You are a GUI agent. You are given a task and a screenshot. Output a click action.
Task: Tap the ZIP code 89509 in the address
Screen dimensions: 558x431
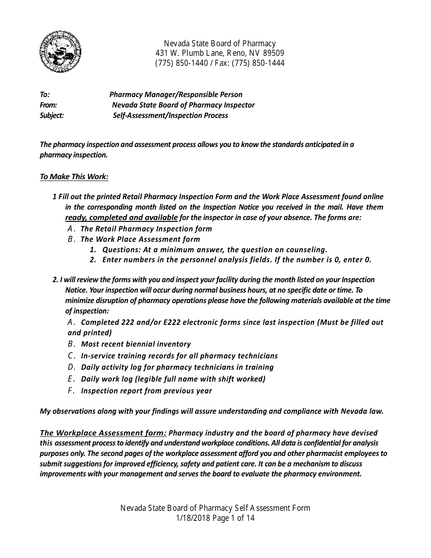click(x=274, y=54)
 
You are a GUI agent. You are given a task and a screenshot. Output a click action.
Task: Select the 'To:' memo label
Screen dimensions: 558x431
click(x=44, y=95)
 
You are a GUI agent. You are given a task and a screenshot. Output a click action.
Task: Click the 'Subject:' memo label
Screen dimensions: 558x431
click(x=52, y=116)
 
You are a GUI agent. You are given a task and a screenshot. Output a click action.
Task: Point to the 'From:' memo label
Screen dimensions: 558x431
click(x=48, y=105)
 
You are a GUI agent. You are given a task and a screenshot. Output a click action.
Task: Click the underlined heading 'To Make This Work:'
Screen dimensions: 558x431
click(x=74, y=177)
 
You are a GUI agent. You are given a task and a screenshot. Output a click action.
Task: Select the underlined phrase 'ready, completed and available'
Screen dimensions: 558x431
click(x=121, y=217)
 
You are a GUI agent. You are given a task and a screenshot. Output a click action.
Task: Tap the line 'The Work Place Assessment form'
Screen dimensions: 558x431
click(x=140, y=240)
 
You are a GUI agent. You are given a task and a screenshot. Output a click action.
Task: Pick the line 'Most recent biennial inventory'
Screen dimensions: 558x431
click(x=136, y=344)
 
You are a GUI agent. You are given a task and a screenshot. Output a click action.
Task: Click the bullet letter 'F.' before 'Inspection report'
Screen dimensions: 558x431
click(x=71, y=391)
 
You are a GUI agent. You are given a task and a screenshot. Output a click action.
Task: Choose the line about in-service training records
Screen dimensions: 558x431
click(x=179, y=356)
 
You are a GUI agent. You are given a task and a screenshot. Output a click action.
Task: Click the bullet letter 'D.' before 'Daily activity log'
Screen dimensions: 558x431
click(x=71, y=367)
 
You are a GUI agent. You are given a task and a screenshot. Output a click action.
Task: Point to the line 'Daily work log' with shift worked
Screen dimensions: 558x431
click(x=173, y=379)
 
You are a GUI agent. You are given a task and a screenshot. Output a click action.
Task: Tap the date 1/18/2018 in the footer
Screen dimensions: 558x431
click(x=193, y=518)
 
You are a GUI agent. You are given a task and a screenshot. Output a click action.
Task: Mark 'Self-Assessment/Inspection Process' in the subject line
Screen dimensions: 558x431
click(x=170, y=116)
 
